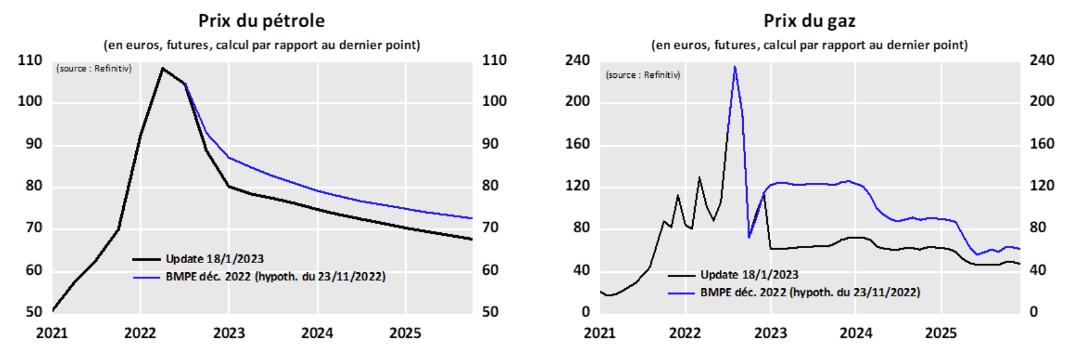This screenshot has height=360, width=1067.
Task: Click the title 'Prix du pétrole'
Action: [x=261, y=21]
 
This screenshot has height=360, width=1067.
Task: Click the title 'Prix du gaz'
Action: [x=809, y=21]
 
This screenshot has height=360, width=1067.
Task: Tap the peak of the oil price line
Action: [x=162, y=69]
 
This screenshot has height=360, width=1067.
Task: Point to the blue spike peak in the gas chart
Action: [x=734, y=67]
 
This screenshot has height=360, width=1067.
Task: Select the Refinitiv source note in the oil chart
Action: [x=94, y=69]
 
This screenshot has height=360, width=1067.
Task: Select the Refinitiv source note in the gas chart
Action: [x=643, y=75]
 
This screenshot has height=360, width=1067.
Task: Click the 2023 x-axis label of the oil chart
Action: [x=228, y=333]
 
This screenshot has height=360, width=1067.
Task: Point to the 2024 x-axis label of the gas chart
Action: [x=855, y=333]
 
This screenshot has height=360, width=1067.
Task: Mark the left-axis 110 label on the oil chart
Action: [x=30, y=61]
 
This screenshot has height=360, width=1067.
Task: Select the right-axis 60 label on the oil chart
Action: [x=490, y=270]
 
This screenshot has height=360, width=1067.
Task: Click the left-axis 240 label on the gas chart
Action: [x=577, y=61]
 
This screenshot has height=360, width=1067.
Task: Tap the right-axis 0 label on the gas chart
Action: [x=1034, y=312]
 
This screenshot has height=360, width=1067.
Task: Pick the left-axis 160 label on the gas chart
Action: [x=577, y=144]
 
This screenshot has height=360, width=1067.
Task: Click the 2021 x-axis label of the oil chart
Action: [x=52, y=333]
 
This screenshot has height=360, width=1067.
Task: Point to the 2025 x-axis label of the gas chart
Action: [x=940, y=333]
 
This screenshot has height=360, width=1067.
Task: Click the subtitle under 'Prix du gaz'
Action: [x=809, y=45]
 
